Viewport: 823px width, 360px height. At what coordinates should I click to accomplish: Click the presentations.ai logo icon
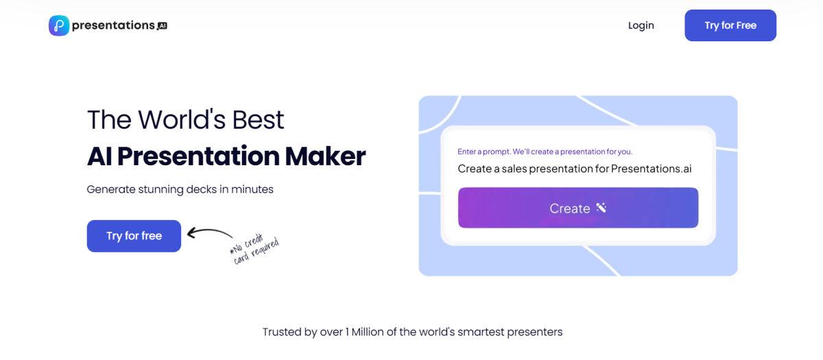click(59, 25)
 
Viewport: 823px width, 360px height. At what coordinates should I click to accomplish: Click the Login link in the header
click(641, 25)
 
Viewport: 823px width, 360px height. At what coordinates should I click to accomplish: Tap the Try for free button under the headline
click(134, 236)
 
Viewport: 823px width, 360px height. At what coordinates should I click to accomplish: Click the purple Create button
click(577, 208)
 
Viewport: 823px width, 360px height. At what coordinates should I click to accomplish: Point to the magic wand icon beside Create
click(601, 208)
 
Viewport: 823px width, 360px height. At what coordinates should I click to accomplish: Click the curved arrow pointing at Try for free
click(209, 234)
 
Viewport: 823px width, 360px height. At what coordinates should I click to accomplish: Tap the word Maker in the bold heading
click(325, 156)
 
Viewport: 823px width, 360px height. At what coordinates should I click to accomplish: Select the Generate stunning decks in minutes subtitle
click(180, 189)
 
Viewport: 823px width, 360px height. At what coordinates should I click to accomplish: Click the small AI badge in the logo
click(162, 26)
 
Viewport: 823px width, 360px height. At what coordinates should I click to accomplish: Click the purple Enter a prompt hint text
click(545, 152)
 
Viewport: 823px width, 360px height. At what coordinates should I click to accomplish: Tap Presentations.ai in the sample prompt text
click(651, 169)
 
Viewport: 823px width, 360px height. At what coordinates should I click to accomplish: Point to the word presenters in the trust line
click(534, 332)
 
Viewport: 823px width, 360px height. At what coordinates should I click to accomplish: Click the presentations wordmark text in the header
click(113, 25)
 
